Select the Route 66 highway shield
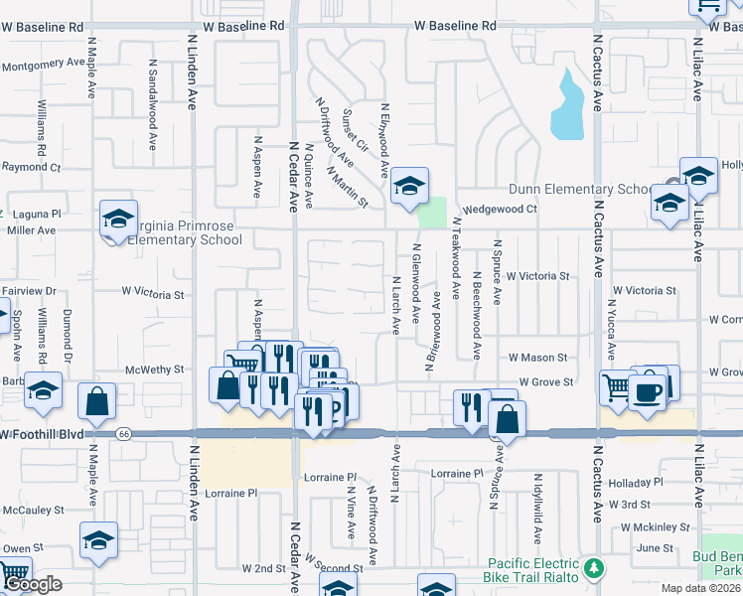coord(123,434)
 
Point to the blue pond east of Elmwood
coord(567,107)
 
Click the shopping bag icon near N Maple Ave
coord(97,402)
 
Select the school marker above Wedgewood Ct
coord(408,186)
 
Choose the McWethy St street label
coord(154,370)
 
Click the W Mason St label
coord(536,357)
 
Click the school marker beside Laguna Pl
coord(117,221)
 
